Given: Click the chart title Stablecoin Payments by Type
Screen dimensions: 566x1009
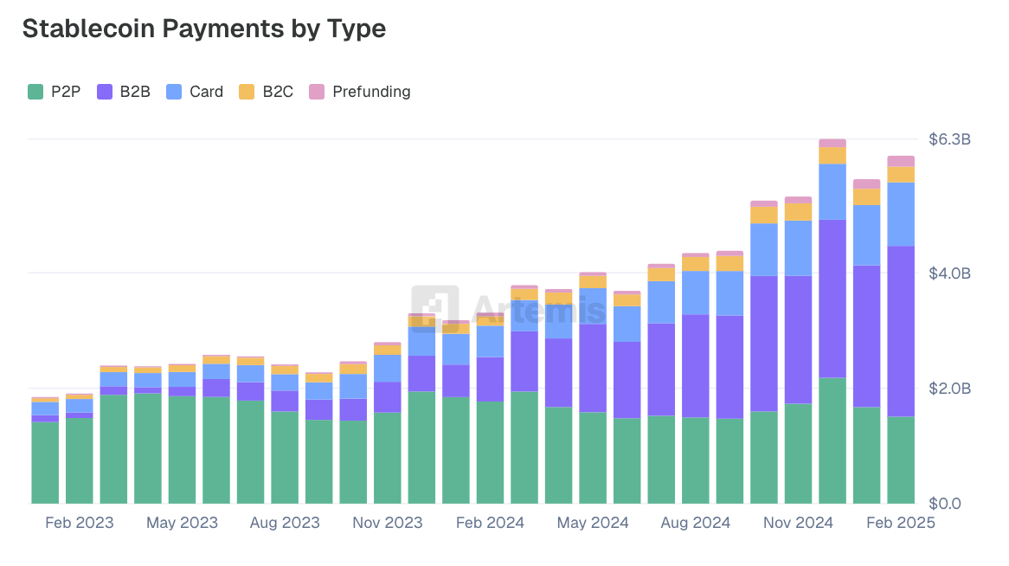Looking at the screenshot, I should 203,29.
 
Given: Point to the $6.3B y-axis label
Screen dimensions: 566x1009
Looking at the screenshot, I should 949,139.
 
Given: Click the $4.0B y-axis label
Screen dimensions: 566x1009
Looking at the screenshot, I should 949,273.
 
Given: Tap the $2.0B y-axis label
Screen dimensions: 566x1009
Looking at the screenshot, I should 949,389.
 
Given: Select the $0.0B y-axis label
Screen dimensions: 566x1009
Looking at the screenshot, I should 949,504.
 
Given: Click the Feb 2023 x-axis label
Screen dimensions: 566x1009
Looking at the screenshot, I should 79,523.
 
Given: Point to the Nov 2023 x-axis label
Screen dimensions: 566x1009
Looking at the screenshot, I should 387,523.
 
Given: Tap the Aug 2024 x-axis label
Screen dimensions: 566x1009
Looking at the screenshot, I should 695,523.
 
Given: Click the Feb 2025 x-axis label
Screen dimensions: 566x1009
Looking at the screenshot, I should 900,523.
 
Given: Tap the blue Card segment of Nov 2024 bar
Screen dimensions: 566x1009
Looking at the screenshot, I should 798,248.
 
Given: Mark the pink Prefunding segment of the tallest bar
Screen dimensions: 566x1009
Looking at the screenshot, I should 832,143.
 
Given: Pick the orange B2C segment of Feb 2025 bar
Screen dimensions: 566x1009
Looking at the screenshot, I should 901,174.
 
